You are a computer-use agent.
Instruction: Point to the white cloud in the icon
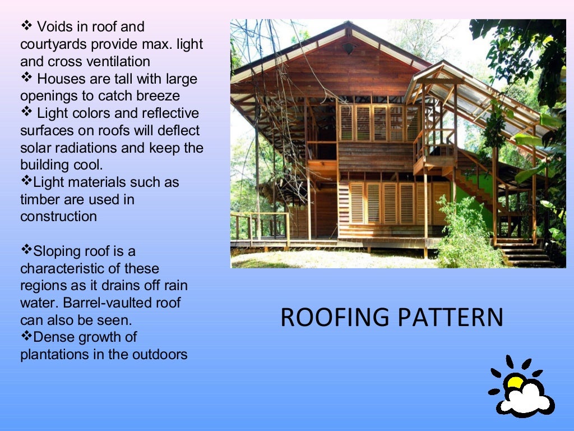point(526,400)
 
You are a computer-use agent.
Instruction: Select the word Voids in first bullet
point(54,26)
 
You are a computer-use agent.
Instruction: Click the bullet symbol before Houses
point(26,77)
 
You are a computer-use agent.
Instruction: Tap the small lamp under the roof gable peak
point(348,49)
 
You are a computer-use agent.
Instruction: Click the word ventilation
point(115,61)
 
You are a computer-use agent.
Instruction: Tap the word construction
point(58,217)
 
